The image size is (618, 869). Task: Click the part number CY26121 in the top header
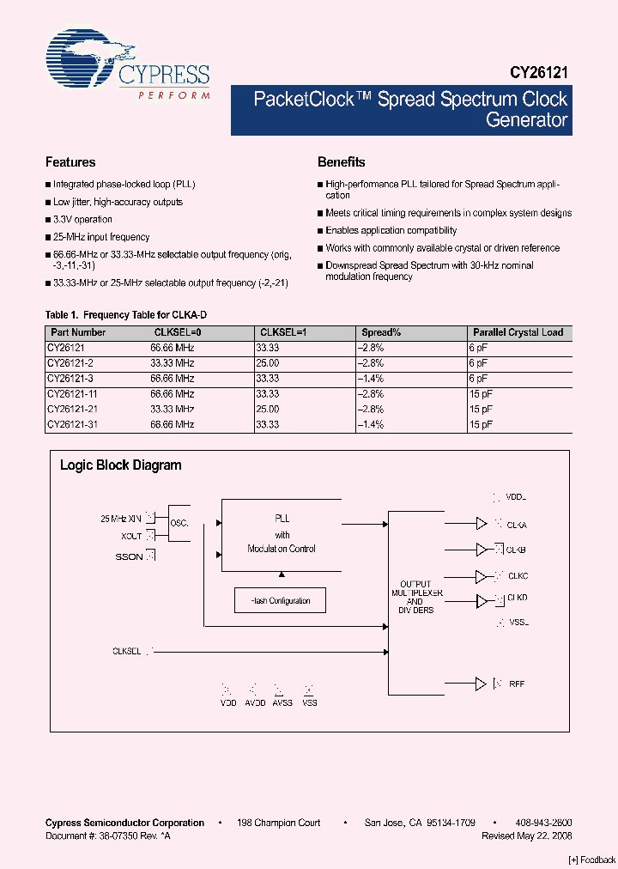click(538, 75)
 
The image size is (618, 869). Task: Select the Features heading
click(70, 162)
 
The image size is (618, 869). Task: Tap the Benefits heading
click(341, 162)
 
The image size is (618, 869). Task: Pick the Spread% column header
click(381, 332)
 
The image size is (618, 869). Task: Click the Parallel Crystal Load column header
click(518, 332)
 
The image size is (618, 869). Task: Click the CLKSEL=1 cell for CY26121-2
click(267, 363)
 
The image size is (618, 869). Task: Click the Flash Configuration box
click(281, 600)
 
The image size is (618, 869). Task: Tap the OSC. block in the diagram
click(179, 523)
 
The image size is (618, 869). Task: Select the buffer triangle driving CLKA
click(482, 524)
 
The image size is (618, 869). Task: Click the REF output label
click(516, 684)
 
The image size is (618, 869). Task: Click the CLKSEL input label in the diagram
click(126, 651)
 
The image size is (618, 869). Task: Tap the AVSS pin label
click(282, 702)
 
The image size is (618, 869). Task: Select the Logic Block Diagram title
click(120, 465)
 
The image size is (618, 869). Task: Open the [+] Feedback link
click(592, 860)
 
